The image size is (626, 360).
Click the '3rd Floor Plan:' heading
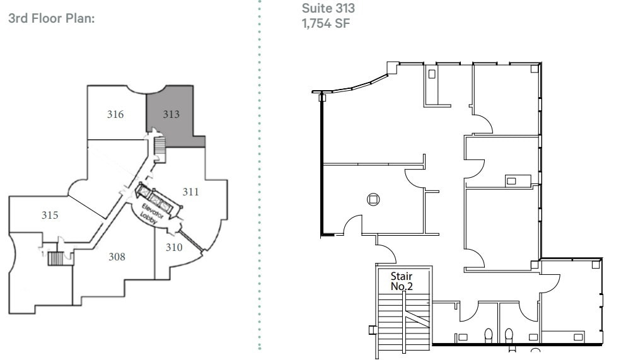pyautogui.click(x=50, y=18)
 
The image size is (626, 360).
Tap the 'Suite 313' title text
pyautogui.click(x=328, y=8)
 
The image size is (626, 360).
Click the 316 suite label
pyautogui.click(x=115, y=115)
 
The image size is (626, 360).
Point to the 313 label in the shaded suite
pyautogui.click(x=171, y=115)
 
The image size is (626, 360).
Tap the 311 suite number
pyautogui.click(x=191, y=192)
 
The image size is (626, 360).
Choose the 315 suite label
pyautogui.click(x=50, y=216)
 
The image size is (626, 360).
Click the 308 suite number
pyautogui.click(x=117, y=257)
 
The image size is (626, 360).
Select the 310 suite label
pyautogui.click(x=174, y=247)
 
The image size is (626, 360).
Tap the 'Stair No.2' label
pyautogui.click(x=402, y=281)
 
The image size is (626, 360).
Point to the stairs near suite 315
pyautogui.click(x=56, y=258)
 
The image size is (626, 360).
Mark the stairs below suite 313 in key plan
pyautogui.click(x=158, y=149)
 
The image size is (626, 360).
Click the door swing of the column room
pyautogui.click(x=353, y=224)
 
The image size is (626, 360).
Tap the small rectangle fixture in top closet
pyautogui.click(x=432, y=74)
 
